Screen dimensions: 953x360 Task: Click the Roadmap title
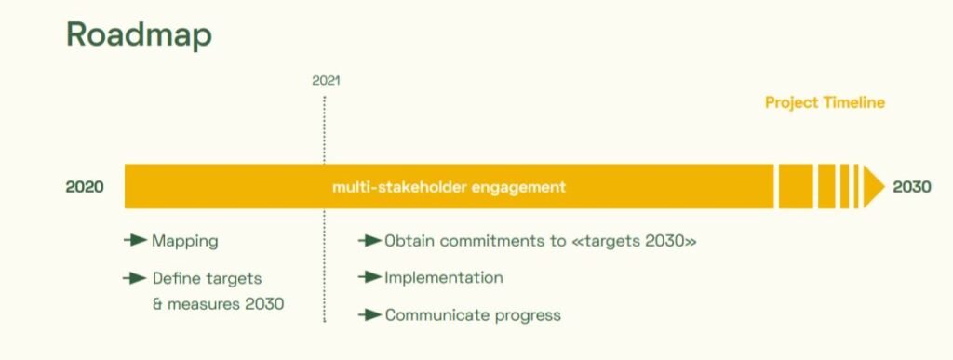click(x=139, y=35)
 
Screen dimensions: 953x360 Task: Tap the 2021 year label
click(x=326, y=81)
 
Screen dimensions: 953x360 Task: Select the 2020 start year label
click(x=85, y=187)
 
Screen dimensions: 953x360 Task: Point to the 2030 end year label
click(x=912, y=187)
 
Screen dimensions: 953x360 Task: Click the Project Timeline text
click(x=825, y=102)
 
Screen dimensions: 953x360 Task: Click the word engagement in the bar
click(x=518, y=188)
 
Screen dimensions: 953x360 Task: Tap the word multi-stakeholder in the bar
click(x=399, y=187)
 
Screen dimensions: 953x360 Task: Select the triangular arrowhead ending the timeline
click(x=874, y=186)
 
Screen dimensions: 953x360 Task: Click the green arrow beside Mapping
click(x=135, y=240)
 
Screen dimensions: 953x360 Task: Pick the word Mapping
click(x=185, y=242)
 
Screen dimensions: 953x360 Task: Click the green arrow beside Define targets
click(x=135, y=279)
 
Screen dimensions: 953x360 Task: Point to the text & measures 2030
click(x=218, y=303)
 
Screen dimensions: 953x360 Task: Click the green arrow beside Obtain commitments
click(x=369, y=241)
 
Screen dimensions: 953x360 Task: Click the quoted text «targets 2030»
click(x=634, y=241)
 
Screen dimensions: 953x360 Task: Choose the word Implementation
click(x=444, y=279)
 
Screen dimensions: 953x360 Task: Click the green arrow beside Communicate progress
click(x=369, y=315)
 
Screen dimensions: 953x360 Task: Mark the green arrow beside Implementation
click(x=369, y=277)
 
